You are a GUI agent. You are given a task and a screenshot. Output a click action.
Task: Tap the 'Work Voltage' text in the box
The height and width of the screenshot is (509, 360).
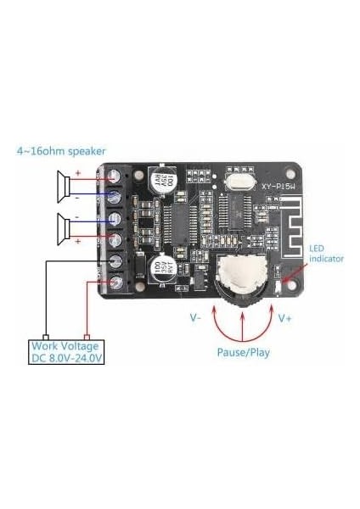[65, 346]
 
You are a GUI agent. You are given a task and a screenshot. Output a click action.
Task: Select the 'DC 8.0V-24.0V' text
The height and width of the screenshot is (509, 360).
[65, 359]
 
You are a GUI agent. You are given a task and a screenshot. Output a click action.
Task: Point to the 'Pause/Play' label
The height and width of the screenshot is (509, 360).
[243, 350]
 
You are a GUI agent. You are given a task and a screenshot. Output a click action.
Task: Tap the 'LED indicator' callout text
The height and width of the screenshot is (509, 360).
[328, 252]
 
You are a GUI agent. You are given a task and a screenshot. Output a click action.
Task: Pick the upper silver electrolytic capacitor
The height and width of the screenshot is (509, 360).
[159, 182]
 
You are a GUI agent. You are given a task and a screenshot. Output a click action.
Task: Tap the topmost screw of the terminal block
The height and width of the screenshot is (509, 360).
[115, 176]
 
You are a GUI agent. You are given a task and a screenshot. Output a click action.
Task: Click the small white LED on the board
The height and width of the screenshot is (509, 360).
[283, 292]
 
